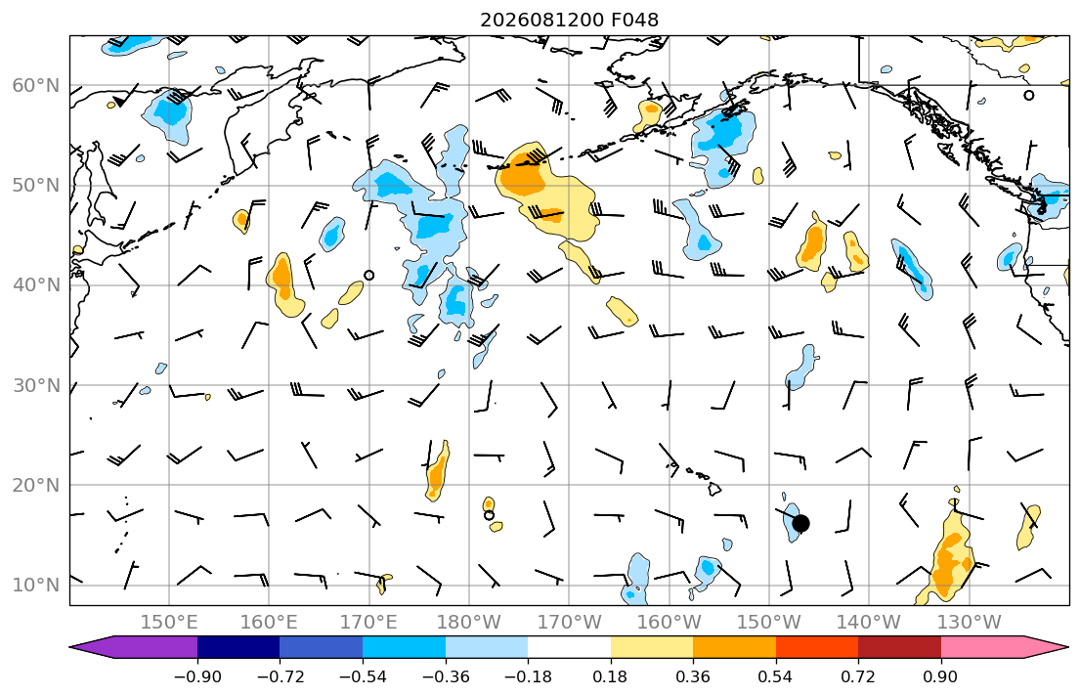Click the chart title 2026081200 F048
(x=569, y=20)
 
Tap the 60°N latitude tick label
(x=36, y=85)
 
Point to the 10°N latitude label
(x=36, y=586)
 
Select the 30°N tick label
(x=36, y=385)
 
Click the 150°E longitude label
(x=169, y=623)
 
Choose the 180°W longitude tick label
(x=469, y=623)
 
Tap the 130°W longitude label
(x=970, y=623)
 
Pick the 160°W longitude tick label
(x=669, y=623)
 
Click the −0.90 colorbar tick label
(x=197, y=676)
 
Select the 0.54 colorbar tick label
(x=776, y=676)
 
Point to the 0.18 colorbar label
(x=610, y=676)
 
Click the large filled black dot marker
(x=800, y=524)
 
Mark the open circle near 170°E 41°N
(x=368, y=275)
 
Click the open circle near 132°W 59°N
(x=1029, y=95)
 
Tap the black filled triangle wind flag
(x=120, y=101)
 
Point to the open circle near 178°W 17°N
(x=489, y=515)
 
